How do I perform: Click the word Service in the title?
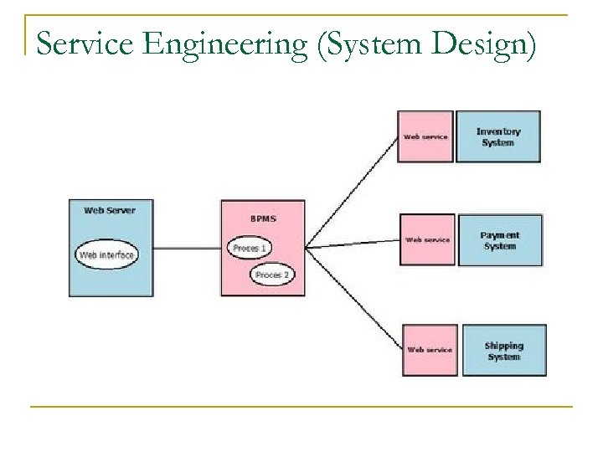point(81,37)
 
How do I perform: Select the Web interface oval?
point(107,254)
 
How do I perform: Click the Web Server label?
point(110,210)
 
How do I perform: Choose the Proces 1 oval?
point(249,248)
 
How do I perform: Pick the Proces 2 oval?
point(272,275)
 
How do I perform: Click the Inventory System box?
point(498,136)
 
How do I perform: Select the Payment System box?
point(500,240)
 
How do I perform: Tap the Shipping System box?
point(503,351)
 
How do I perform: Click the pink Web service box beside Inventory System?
point(425,136)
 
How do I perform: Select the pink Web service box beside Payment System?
point(427,239)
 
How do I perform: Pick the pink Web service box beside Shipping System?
point(430,350)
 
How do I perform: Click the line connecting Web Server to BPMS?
point(187,248)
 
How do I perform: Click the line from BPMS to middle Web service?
point(352,244)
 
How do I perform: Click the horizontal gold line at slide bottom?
point(301,407)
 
